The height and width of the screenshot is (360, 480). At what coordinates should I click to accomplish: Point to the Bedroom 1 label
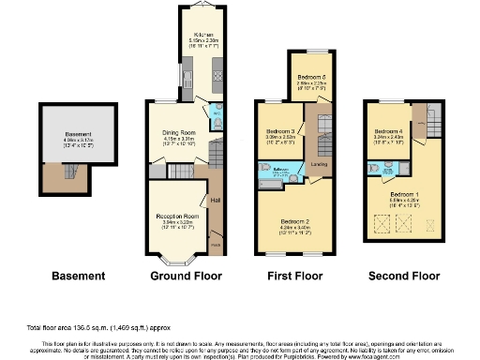[403, 193]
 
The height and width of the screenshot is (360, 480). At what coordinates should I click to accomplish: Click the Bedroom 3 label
[280, 131]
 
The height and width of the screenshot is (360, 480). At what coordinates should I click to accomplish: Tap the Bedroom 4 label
[388, 131]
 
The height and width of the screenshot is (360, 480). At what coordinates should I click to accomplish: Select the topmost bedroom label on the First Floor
[310, 76]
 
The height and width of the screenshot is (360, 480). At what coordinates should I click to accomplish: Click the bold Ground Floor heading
[185, 277]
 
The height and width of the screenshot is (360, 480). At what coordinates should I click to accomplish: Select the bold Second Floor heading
[404, 277]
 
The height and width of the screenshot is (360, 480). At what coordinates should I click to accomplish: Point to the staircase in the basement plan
[67, 172]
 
